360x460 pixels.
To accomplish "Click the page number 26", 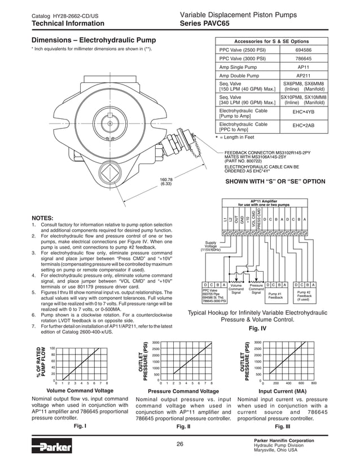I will click(179, 444).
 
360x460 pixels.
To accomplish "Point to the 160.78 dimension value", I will click(166, 179).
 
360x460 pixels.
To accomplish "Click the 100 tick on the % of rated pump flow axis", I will click(52, 348).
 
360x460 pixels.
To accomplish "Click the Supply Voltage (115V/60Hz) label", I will click(210, 246).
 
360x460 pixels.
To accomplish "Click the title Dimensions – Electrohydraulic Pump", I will click(93, 41).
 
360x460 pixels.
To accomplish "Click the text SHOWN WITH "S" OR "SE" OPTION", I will click(275, 182).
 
